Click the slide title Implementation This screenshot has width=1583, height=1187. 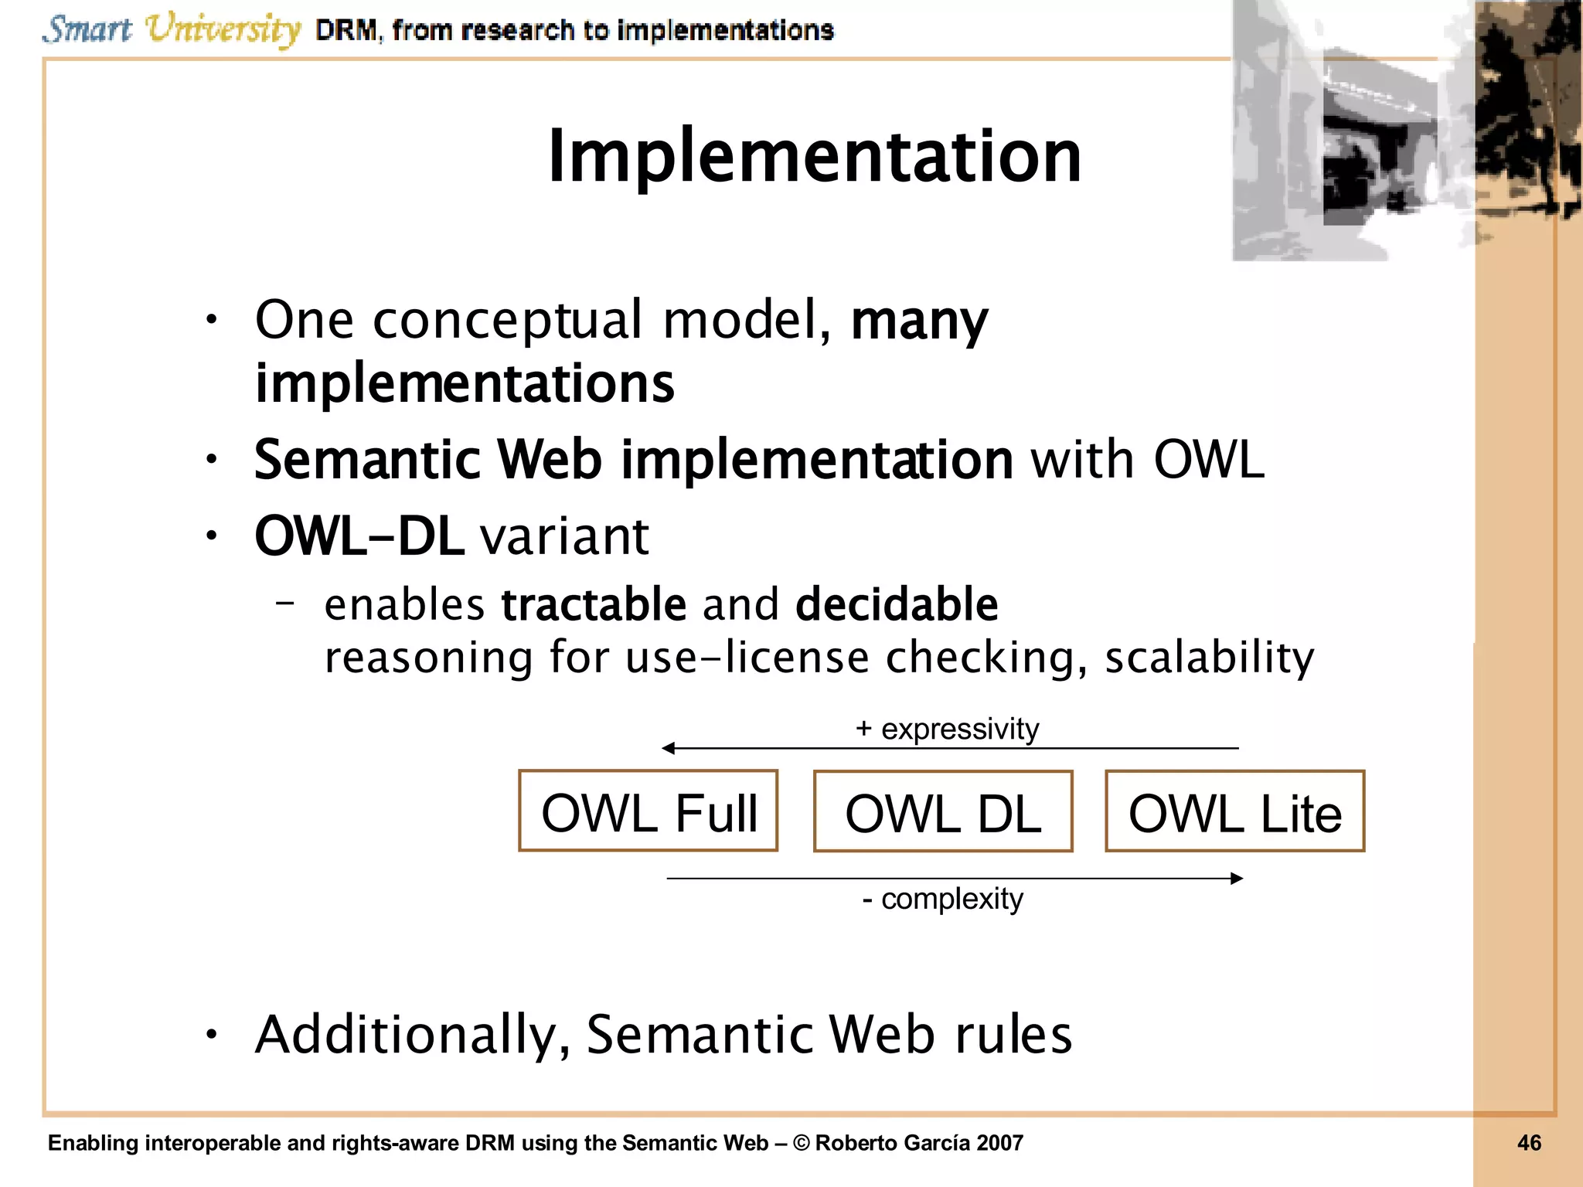(x=814, y=157)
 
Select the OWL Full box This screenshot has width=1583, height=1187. (x=648, y=811)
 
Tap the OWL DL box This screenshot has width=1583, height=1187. (x=942, y=811)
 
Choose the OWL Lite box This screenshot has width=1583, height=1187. (x=1234, y=811)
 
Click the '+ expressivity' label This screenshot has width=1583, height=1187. (x=947, y=729)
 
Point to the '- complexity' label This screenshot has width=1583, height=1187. (x=942, y=899)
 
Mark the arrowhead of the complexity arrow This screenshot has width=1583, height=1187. (x=1237, y=878)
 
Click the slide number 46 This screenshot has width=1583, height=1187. (x=1529, y=1143)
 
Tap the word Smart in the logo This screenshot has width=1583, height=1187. (x=87, y=29)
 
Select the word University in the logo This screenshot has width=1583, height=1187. (x=223, y=29)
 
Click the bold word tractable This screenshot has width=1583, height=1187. (x=593, y=604)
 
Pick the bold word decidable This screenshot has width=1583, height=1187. (x=897, y=604)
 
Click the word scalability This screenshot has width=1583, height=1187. (x=1209, y=658)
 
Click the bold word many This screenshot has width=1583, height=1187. (x=918, y=321)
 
